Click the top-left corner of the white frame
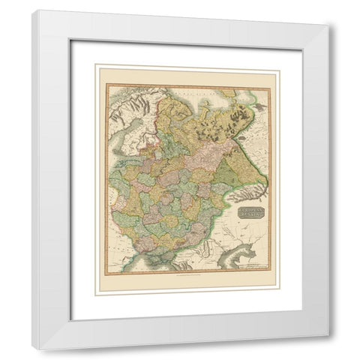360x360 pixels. (34, 10)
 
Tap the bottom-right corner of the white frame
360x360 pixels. (328, 349)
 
